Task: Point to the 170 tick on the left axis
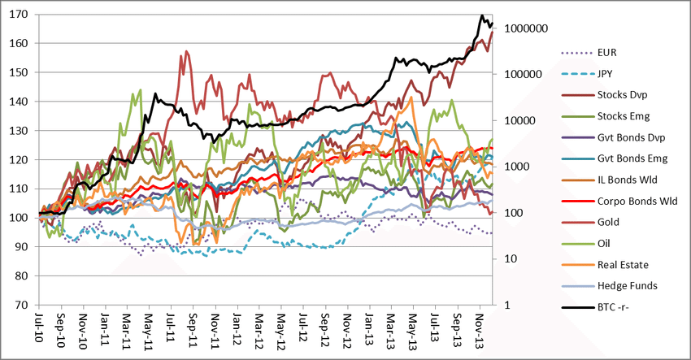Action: click(21, 15)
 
